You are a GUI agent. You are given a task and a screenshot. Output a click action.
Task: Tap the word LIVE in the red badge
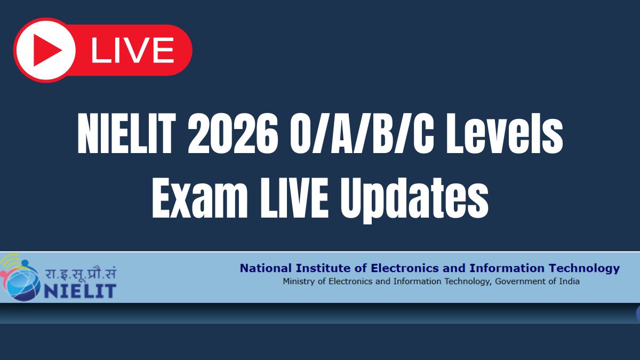coord(133,50)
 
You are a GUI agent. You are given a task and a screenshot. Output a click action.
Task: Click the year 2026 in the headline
coord(233,133)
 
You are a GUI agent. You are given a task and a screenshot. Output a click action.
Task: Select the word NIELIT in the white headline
coord(126,133)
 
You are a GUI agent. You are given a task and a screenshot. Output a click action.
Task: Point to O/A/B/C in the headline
coord(362,133)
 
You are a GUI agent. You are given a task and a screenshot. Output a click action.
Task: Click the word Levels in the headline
coord(505,133)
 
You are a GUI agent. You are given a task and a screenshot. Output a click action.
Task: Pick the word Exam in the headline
coord(199,198)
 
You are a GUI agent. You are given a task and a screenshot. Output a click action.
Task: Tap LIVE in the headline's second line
coord(294,198)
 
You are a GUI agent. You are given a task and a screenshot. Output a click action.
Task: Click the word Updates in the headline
coord(414,200)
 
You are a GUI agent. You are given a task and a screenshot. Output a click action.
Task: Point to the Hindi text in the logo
coord(81,273)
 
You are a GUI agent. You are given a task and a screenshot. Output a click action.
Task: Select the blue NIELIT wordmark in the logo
coord(80,291)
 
